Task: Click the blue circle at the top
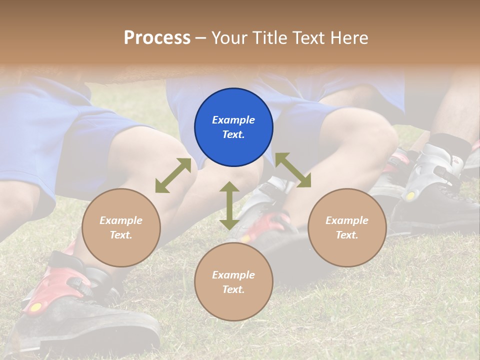(x=233, y=127)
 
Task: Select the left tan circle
(x=121, y=227)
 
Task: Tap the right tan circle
(x=347, y=227)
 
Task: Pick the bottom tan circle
(x=233, y=282)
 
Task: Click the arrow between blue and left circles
(x=173, y=175)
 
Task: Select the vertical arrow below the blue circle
(x=229, y=205)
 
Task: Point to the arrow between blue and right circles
(x=293, y=170)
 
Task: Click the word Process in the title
(x=157, y=37)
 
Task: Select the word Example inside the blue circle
(x=233, y=120)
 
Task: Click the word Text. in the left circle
(x=121, y=235)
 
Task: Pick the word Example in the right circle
(x=347, y=220)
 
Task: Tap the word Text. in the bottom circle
(x=233, y=289)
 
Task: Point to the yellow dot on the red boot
(x=35, y=307)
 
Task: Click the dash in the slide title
(x=200, y=38)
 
